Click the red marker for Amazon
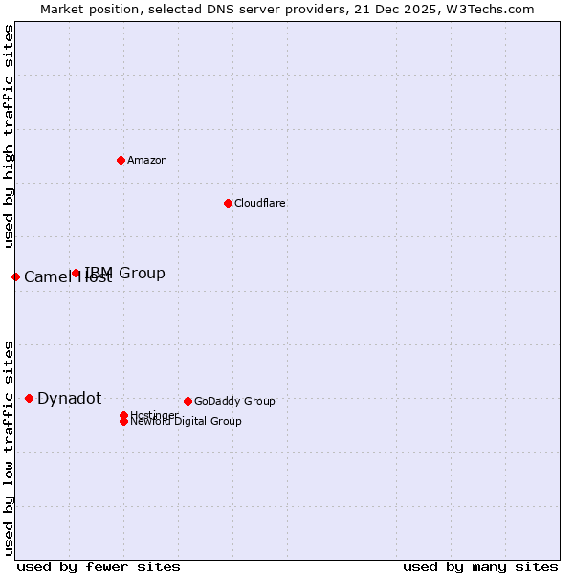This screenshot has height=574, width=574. [121, 160]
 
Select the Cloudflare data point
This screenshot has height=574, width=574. [228, 203]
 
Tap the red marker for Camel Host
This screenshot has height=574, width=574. [15, 276]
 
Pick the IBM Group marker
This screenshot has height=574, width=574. [77, 273]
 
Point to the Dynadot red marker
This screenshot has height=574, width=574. [29, 398]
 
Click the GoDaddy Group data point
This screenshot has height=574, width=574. [188, 401]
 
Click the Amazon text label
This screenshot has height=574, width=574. [147, 160]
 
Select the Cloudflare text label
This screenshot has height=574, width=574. [260, 203]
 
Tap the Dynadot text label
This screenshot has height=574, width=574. [70, 398]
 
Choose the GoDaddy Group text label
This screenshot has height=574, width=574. [234, 401]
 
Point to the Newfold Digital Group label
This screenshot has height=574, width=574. [186, 421]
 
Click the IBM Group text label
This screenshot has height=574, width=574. [125, 273]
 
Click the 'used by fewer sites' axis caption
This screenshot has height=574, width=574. [99, 566]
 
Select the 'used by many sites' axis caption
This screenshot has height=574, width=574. [480, 566]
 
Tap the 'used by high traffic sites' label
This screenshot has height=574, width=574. [9, 137]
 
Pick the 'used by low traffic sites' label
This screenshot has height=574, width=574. [9, 447]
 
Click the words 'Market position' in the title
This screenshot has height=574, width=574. [82, 9]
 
